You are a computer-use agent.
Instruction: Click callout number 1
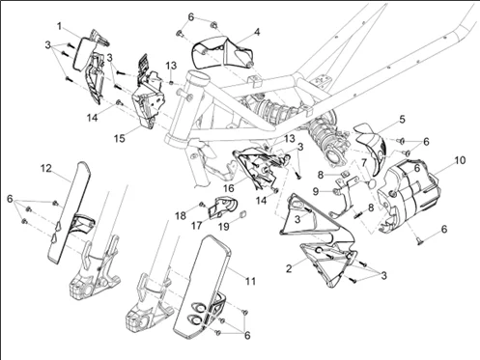[59, 26]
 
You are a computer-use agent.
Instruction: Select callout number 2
[289, 268]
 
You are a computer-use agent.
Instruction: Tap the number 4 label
[257, 32]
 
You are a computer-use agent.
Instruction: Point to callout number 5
[402, 120]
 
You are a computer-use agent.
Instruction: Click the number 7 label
[364, 163]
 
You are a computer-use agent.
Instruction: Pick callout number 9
[316, 191]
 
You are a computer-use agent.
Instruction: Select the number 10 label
[460, 160]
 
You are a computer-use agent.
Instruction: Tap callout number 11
[250, 281]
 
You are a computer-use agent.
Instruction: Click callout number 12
[46, 168]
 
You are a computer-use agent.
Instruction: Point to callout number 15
[119, 138]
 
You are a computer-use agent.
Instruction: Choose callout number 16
[229, 188]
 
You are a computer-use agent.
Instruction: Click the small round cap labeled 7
[372, 183]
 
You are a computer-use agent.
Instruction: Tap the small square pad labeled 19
[243, 213]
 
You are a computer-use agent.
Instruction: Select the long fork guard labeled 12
[69, 212]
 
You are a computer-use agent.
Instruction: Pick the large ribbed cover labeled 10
[409, 196]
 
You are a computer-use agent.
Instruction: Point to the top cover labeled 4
[222, 51]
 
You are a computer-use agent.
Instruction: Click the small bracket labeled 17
[222, 207]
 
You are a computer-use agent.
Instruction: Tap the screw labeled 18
[203, 204]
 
